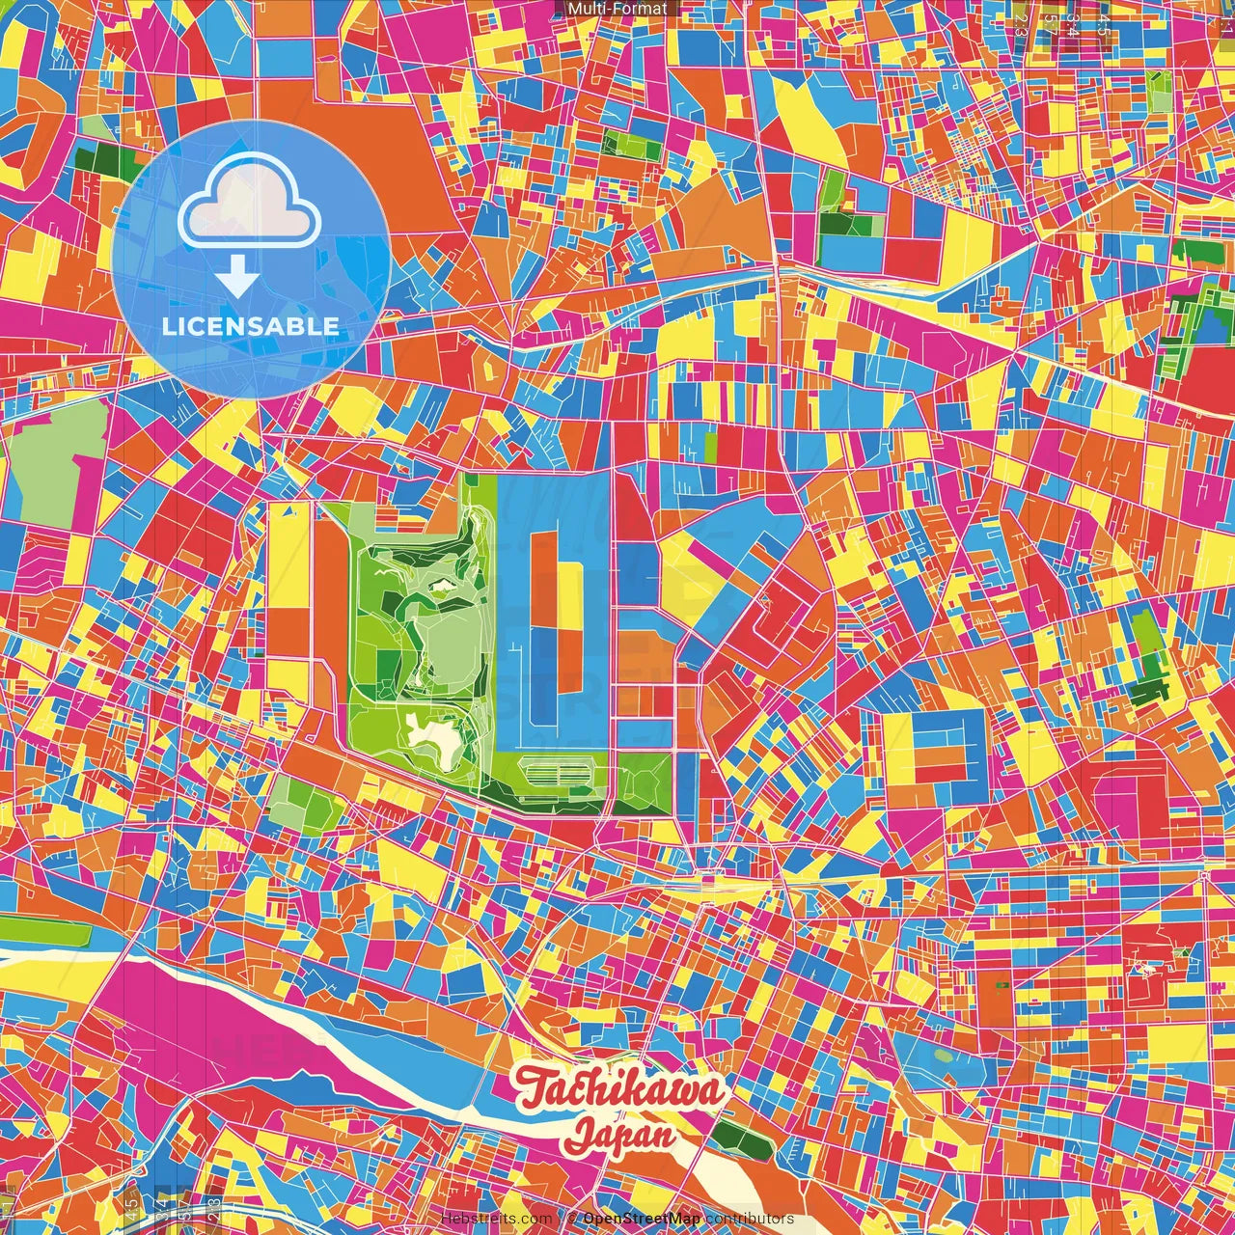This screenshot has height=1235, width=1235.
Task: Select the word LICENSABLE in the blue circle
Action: tap(251, 326)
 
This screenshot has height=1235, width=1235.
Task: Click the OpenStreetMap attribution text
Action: tap(642, 1219)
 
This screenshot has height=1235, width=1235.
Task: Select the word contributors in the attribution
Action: tap(750, 1219)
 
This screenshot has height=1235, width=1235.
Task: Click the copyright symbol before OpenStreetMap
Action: tap(572, 1219)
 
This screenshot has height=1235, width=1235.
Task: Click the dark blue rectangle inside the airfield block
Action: tap(542, 666)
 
